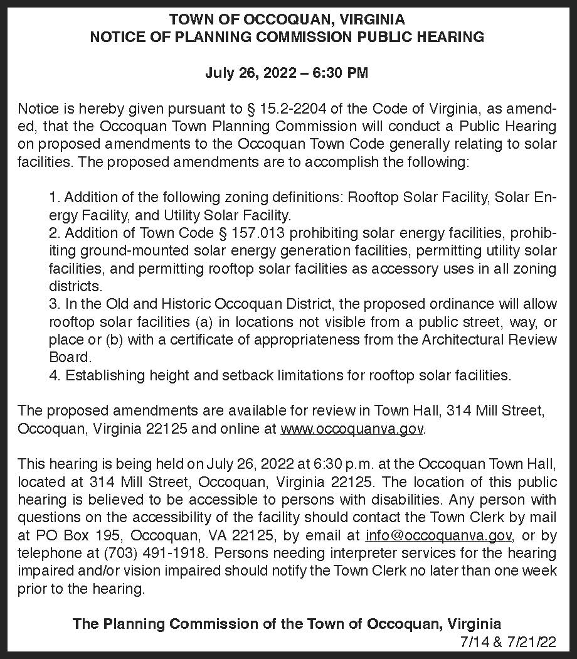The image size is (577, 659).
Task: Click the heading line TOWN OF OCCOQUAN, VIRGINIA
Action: pos(287,19)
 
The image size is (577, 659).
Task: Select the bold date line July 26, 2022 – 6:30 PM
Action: pos(287,73)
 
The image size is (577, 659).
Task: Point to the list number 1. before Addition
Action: pos(54,198)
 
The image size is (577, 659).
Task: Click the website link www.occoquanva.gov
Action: pos(353,429)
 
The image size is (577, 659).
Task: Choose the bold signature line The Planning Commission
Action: pos(287,624)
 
